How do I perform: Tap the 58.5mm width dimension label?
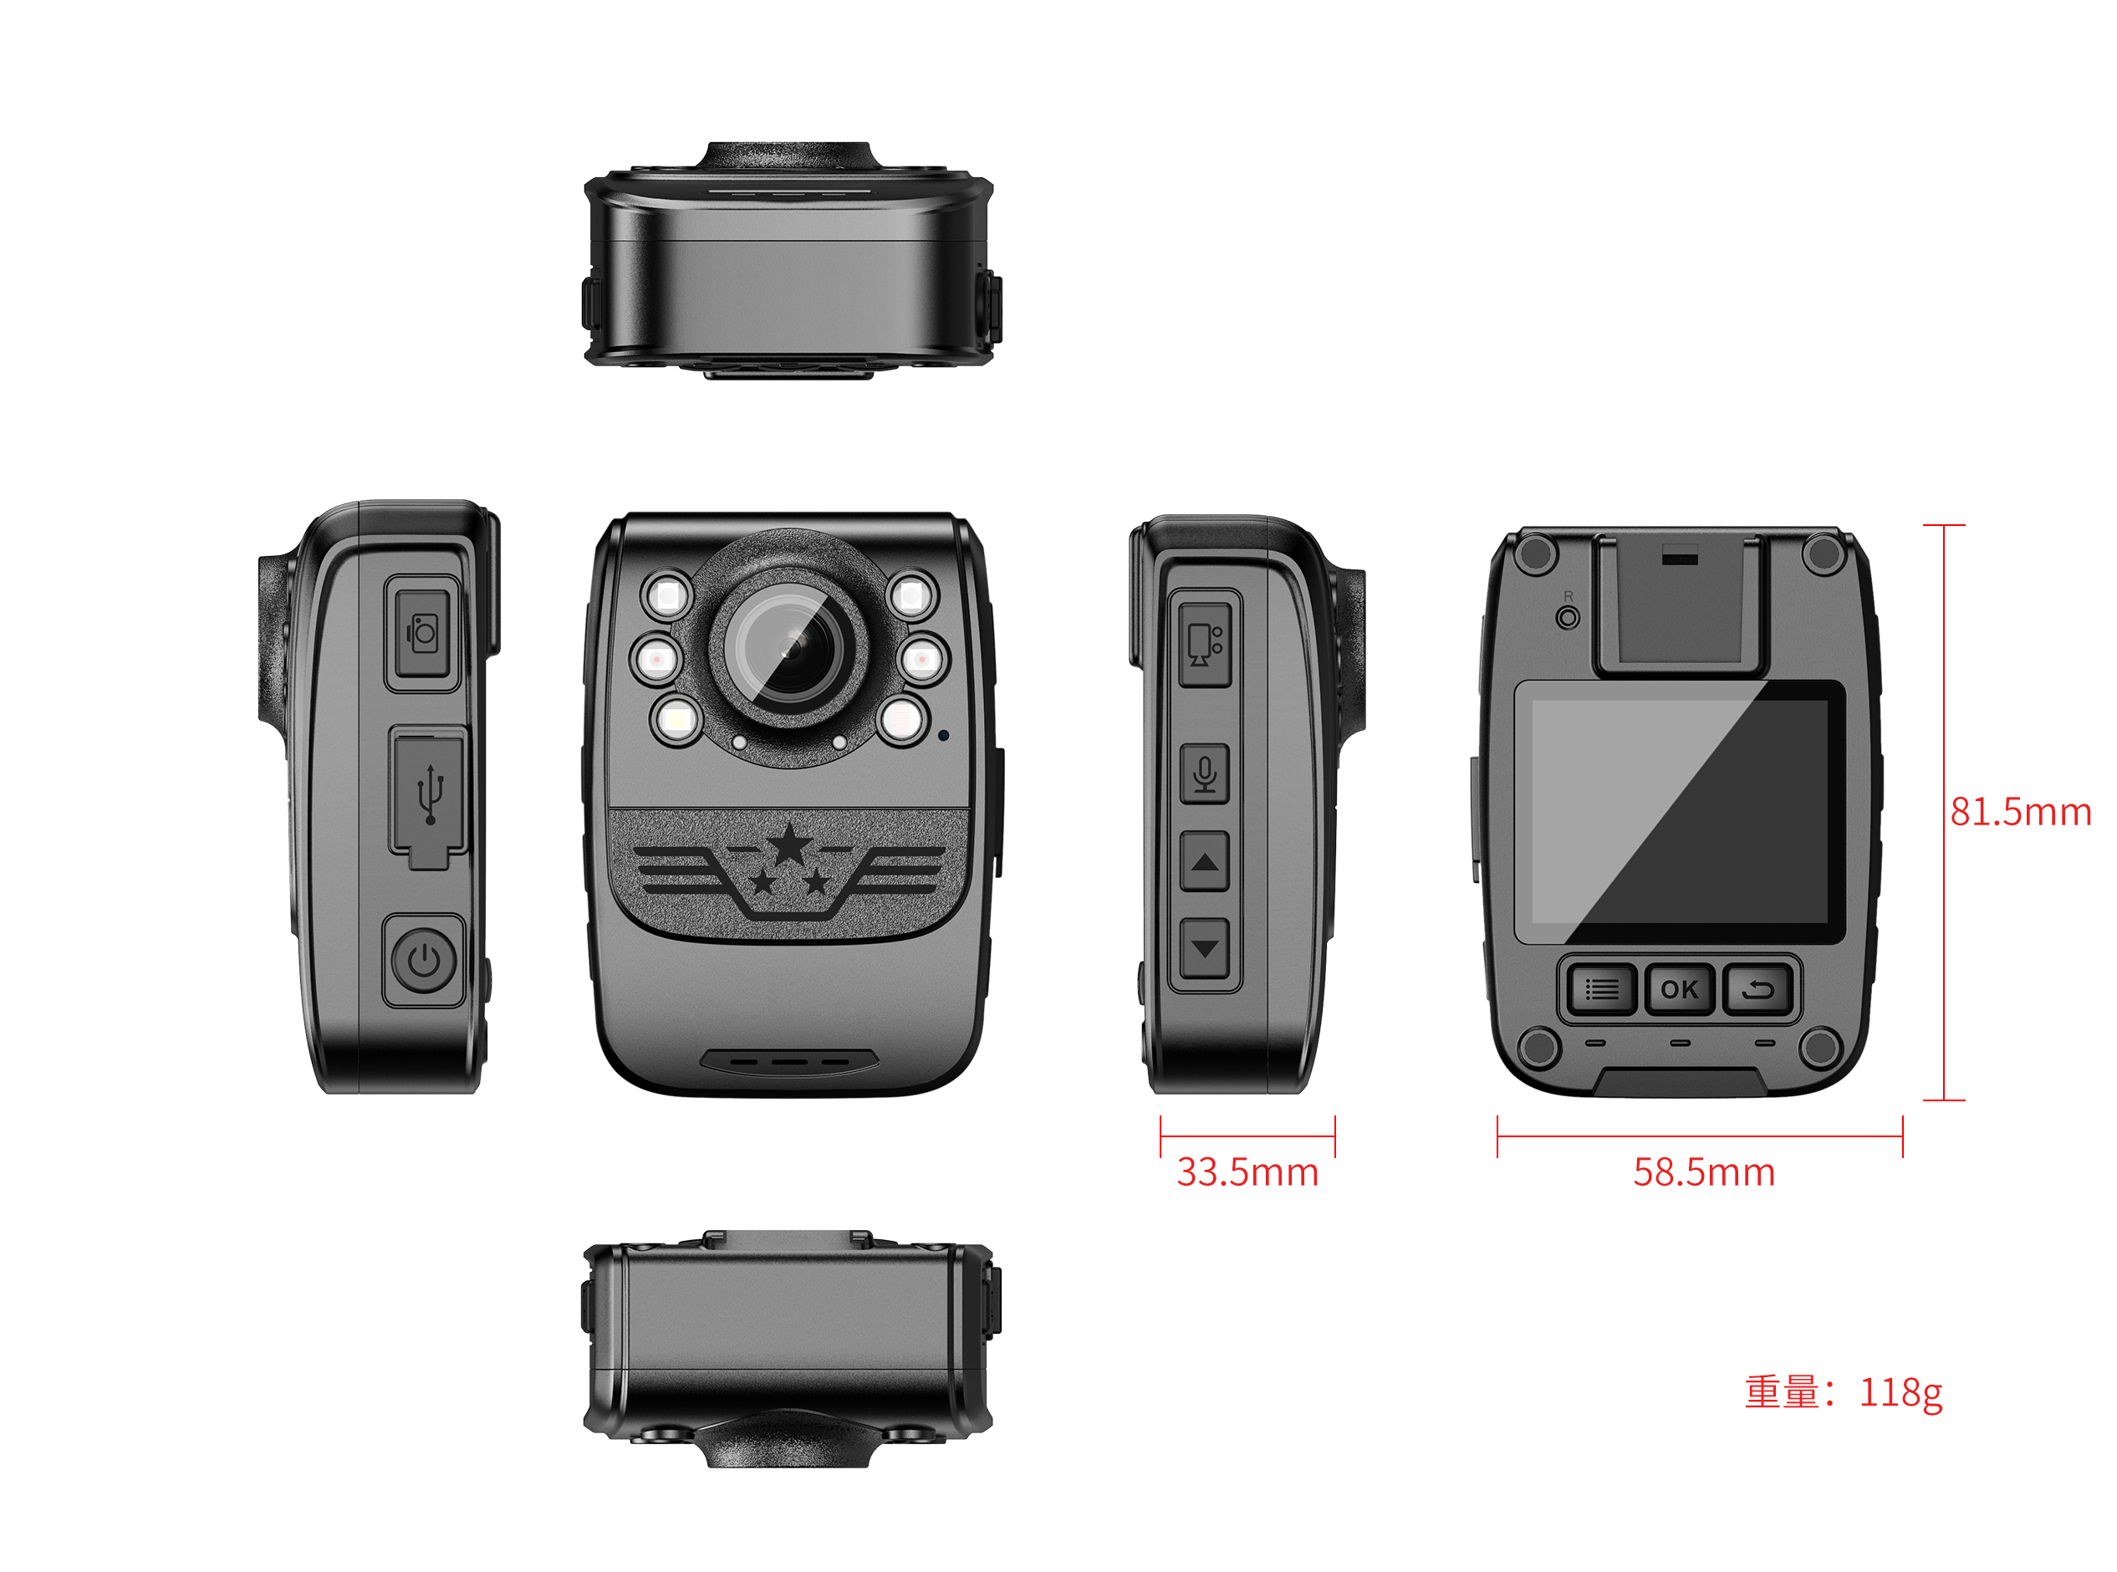[1703, 1172]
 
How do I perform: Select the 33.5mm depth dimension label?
[1247, 1172]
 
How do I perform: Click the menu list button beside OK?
[1601, 991]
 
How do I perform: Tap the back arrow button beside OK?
[1757, 991]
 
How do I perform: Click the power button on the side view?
[423, 960]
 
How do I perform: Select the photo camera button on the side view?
[422, 633]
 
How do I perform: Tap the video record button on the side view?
[1204, 643]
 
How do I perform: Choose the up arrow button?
[1204, 862]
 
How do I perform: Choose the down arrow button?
[1204, 947]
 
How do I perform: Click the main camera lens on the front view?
[788, 649]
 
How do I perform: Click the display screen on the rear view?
[1680, 811]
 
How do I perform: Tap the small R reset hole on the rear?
[1568, 619]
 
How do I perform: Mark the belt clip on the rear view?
[1680, 602]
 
